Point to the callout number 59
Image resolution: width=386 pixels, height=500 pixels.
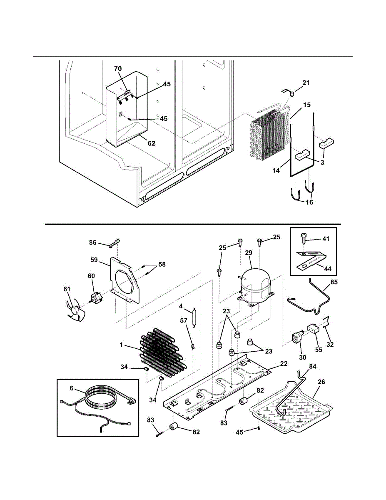click(94, 260)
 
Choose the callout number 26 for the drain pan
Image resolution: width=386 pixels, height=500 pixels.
click(321, 381)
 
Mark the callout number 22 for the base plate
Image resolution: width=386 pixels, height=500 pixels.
click(284, 363)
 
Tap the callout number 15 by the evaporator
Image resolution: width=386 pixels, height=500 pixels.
click(307, 105)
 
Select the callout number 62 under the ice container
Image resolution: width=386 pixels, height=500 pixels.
click(151, 143)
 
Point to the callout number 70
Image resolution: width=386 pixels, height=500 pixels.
click(118, 68)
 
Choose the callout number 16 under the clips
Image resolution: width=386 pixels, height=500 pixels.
click(309, 202)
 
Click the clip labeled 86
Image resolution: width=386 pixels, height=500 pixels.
click(115, 243)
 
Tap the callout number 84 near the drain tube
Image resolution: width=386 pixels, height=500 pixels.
click(312, 366)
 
